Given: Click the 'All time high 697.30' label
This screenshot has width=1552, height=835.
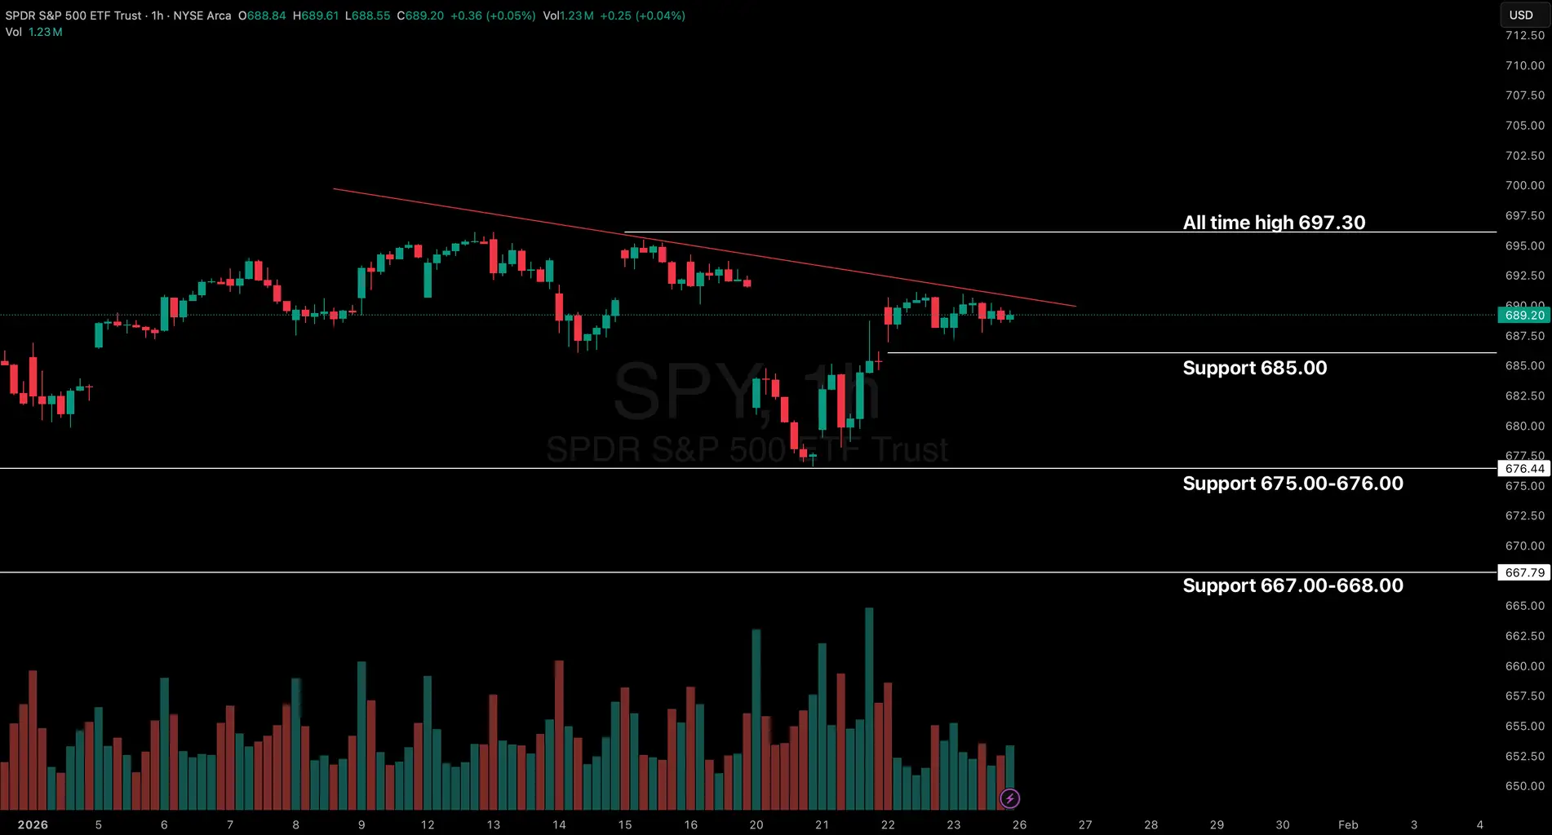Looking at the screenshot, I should pyautogui.click(x=1273, y=223).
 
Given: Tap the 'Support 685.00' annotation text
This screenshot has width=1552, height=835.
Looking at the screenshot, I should pyautogui.click(x=1254, y=368).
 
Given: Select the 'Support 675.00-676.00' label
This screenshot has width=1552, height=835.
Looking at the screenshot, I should pyautogui.click(x=1293, y=484).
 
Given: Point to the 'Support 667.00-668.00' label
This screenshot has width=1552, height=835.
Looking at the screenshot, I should pyautogui.click(x=1293, y=585).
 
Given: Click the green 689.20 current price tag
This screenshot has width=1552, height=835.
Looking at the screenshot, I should pyautogui.click(x=1523, y=316).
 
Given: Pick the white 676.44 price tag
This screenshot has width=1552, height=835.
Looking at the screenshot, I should pyautogui.click(x=1523, y=469).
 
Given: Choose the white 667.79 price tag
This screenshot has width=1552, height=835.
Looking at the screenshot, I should pyautogui.click(x=1523, y=573).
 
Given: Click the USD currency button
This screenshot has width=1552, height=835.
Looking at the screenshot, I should pyautogui.click(x=1521, y=15).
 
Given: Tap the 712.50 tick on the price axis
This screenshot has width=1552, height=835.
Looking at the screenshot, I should pyautogui.click(x=1524, y=35).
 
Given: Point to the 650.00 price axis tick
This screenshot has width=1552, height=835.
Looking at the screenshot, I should pyautogui.click(x=1524, y=786).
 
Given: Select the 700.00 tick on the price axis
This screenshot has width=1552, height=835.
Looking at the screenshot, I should pyautogui.click(x=1524, y=185).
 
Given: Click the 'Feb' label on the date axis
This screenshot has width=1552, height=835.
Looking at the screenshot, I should pyautogui.click(x=1348, y=824).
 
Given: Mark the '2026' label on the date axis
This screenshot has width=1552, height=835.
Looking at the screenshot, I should pyautogui.click(x=33, y=824).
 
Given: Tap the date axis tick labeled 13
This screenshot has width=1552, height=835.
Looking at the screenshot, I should pyautogui.click(x=493, y=824).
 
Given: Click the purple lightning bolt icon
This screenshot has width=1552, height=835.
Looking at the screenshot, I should pyautogui.click(x=1009, y=798).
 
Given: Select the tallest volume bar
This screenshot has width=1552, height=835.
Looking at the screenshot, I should pyautogui.click(x=869, y=709).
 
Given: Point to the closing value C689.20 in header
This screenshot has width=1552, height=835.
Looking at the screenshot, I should pyautogui.click(x=420, y=15).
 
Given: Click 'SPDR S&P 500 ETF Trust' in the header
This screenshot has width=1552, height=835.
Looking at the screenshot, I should pyautogui.click(x=73, y=15).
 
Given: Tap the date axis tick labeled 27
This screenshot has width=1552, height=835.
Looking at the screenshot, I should pyautogui.click(x=1084, y=824).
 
